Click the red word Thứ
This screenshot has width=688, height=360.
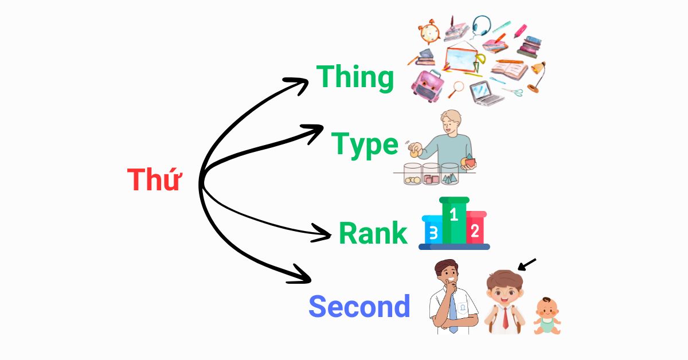click(x=154, y=179)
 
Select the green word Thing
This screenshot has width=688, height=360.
click(x=355, y=77)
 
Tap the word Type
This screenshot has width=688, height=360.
click(x=365, y=145)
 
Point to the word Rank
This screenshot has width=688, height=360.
click(x=373, y=233)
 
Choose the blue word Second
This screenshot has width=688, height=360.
click(x=359, y=306)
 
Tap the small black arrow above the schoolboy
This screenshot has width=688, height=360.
click(x=527, y=265)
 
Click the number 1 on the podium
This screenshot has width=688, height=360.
click(x=454, y=215)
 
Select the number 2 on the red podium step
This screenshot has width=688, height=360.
click(x=475, y=231)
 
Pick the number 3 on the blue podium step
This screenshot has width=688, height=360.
click(x=433, y=233)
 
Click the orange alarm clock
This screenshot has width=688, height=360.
click(x=429, y=32)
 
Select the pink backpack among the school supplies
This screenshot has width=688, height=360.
click(x=428, y=85)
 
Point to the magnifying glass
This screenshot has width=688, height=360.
click(x=456, y=89)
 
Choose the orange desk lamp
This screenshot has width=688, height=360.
click(x=537, y=77)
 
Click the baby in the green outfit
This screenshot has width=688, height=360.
click(x=547, y=316)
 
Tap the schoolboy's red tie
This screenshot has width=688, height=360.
click(x=505, y=318)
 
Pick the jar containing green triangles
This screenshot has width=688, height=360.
click(x=449, y=174)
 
